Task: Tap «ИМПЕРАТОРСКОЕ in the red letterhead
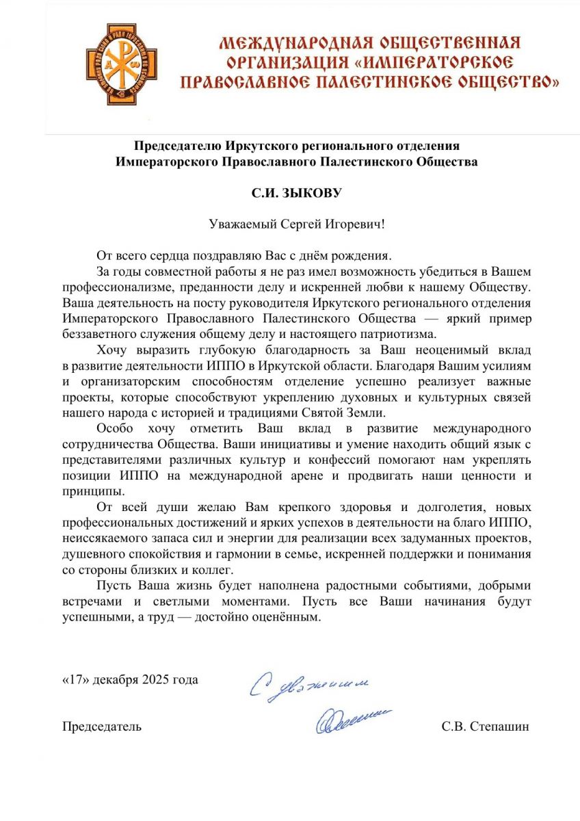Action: (435, 63)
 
